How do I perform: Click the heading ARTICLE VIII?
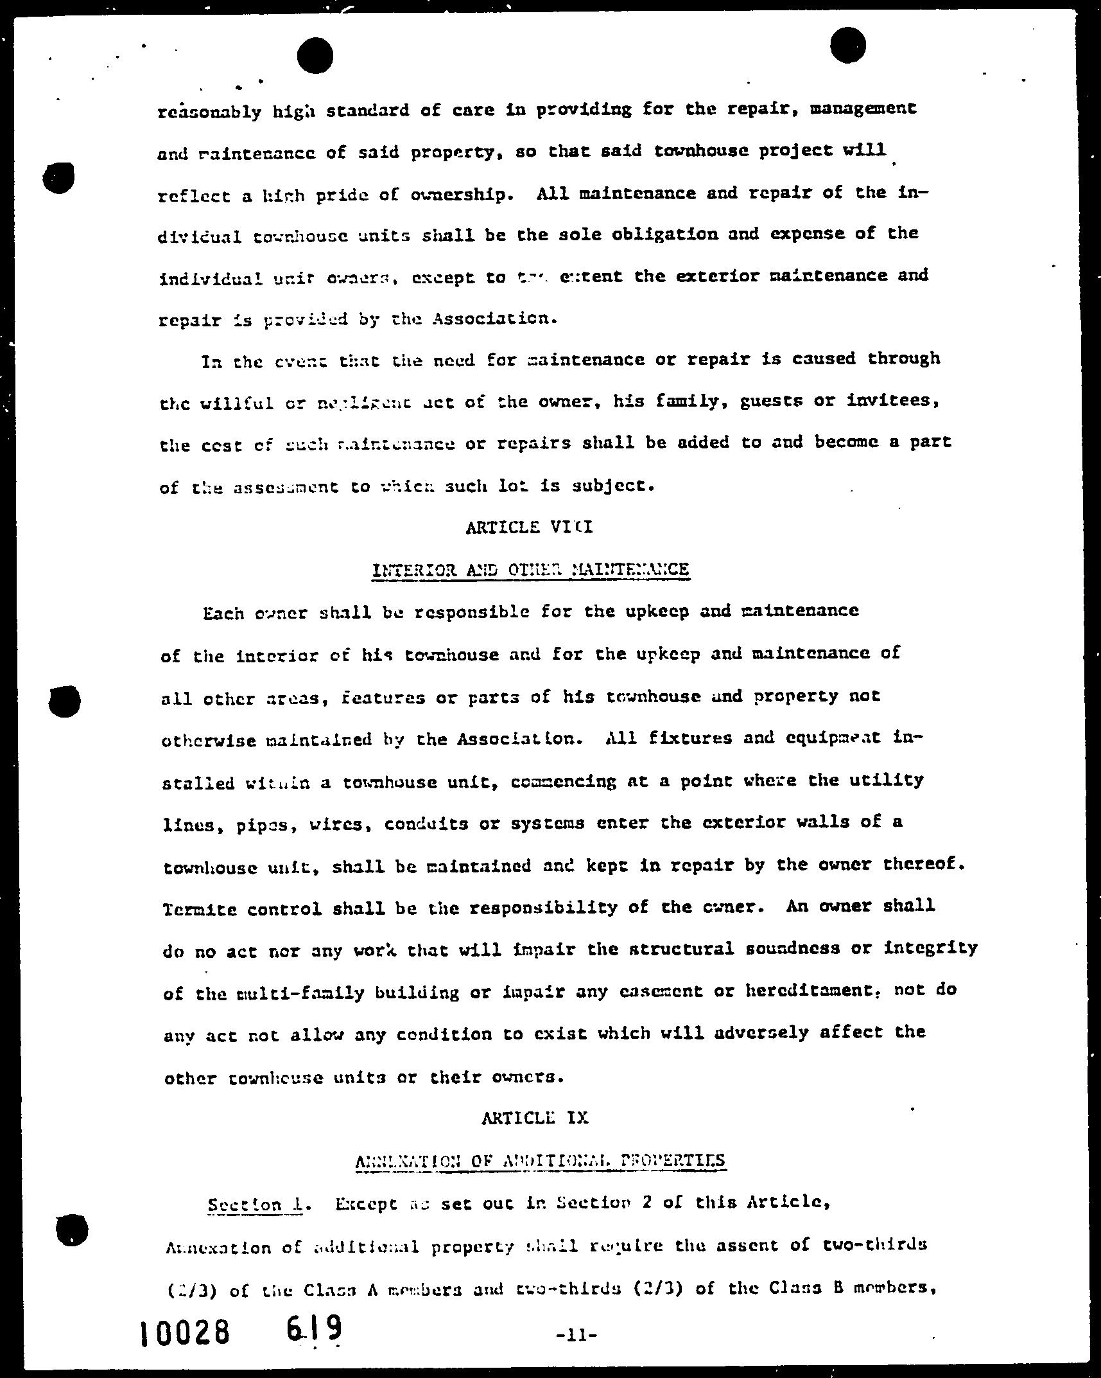529,527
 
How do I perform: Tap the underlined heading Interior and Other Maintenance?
530,570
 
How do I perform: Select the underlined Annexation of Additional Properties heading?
540,1161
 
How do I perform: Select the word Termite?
200,910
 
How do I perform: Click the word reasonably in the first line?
209,112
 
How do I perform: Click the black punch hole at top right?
847,46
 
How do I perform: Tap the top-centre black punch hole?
315,55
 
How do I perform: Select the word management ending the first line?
863,109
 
